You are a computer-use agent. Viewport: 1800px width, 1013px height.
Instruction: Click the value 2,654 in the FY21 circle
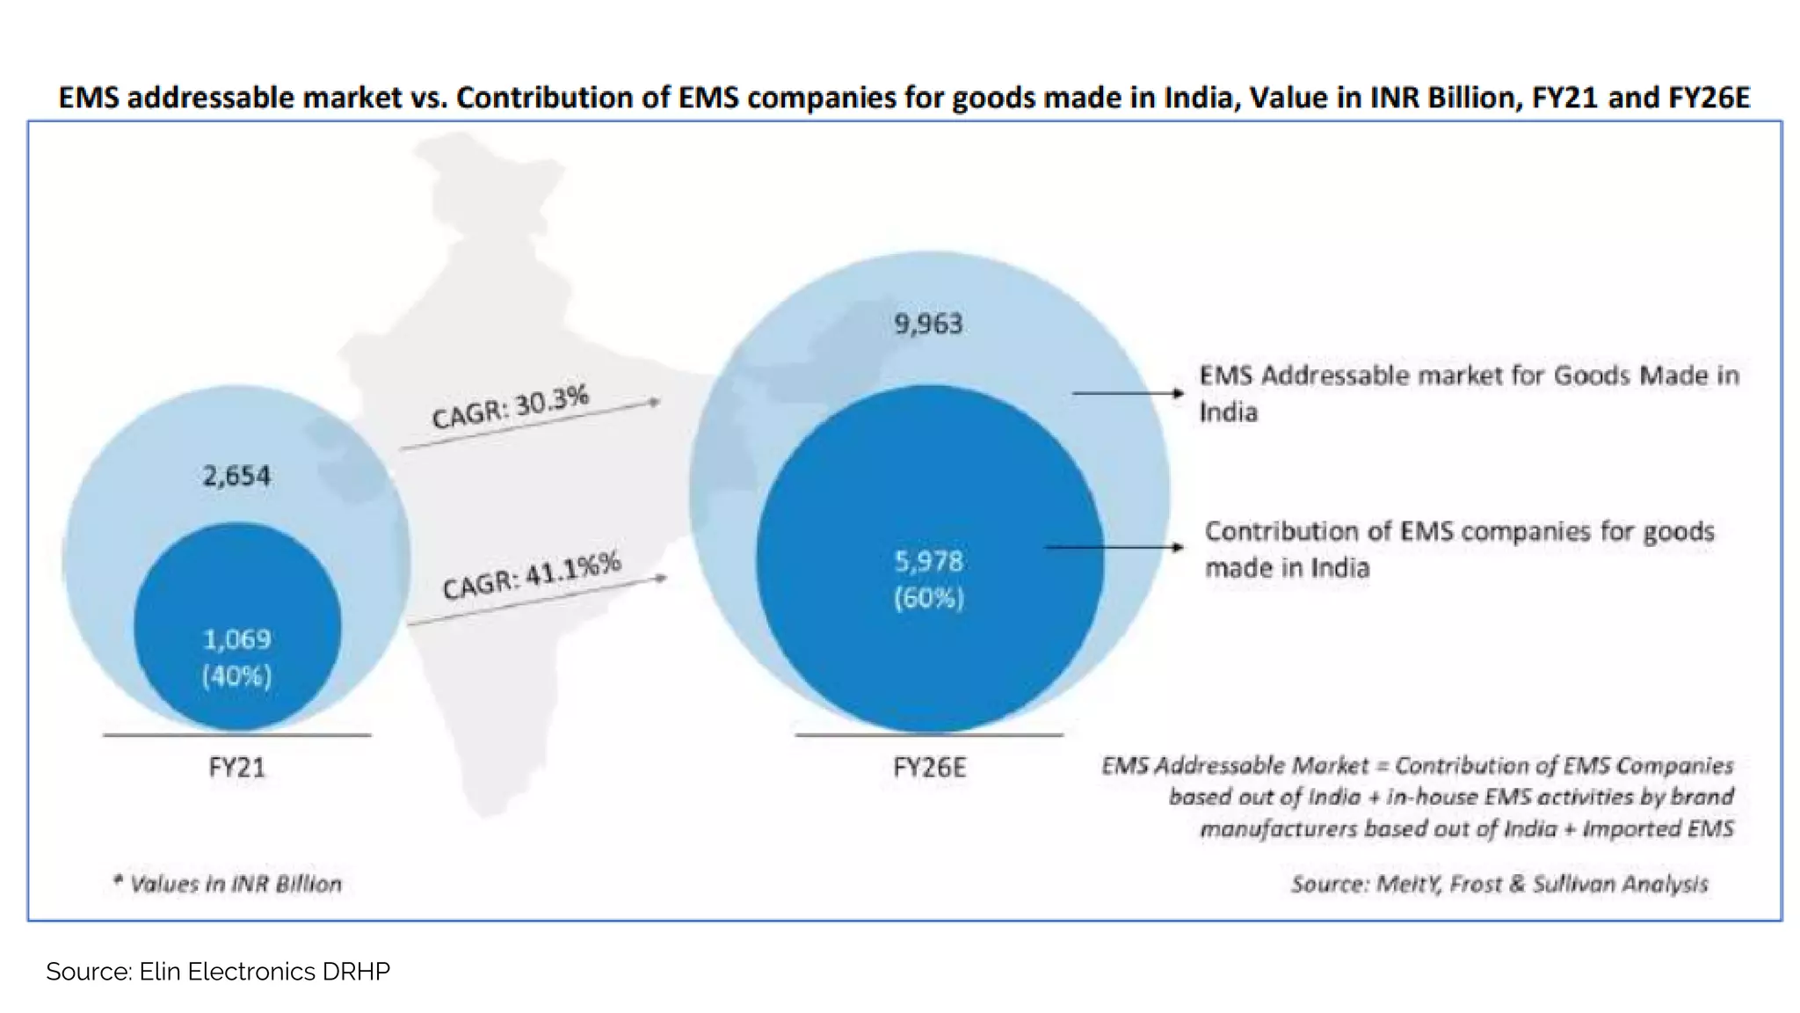tap(236, 476)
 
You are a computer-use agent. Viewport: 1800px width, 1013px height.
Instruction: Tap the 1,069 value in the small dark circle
tap(236, 638)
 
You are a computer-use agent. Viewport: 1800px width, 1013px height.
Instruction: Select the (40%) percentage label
tap(236, 675)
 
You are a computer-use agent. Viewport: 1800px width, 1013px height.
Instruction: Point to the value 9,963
tap(928, 324)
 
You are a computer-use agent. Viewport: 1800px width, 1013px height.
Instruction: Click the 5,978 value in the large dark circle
tap(928, 561)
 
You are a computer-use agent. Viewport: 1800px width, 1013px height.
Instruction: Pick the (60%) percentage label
tap(928, 599)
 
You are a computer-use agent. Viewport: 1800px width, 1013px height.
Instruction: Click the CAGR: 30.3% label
tap(510, 407)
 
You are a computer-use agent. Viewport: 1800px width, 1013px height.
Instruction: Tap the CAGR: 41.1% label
tap(531, 575)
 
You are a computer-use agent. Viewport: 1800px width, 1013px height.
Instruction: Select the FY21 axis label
tap(236, 768)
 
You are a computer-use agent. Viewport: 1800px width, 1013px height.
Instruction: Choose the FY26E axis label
tap(929, 768)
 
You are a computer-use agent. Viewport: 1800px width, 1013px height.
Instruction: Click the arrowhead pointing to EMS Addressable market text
tap(1179, 393)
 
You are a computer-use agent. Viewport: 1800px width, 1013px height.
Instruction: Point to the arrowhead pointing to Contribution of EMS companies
tap(1178, 547)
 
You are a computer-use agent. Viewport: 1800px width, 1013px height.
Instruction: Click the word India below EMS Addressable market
tap(1228, 412)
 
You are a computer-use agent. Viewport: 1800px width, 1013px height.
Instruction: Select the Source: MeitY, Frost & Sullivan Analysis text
tap(1499, 884)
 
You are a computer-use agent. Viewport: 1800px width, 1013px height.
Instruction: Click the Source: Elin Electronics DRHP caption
tap(218, 972)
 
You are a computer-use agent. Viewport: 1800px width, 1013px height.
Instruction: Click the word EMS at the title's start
tap(89, 97)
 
